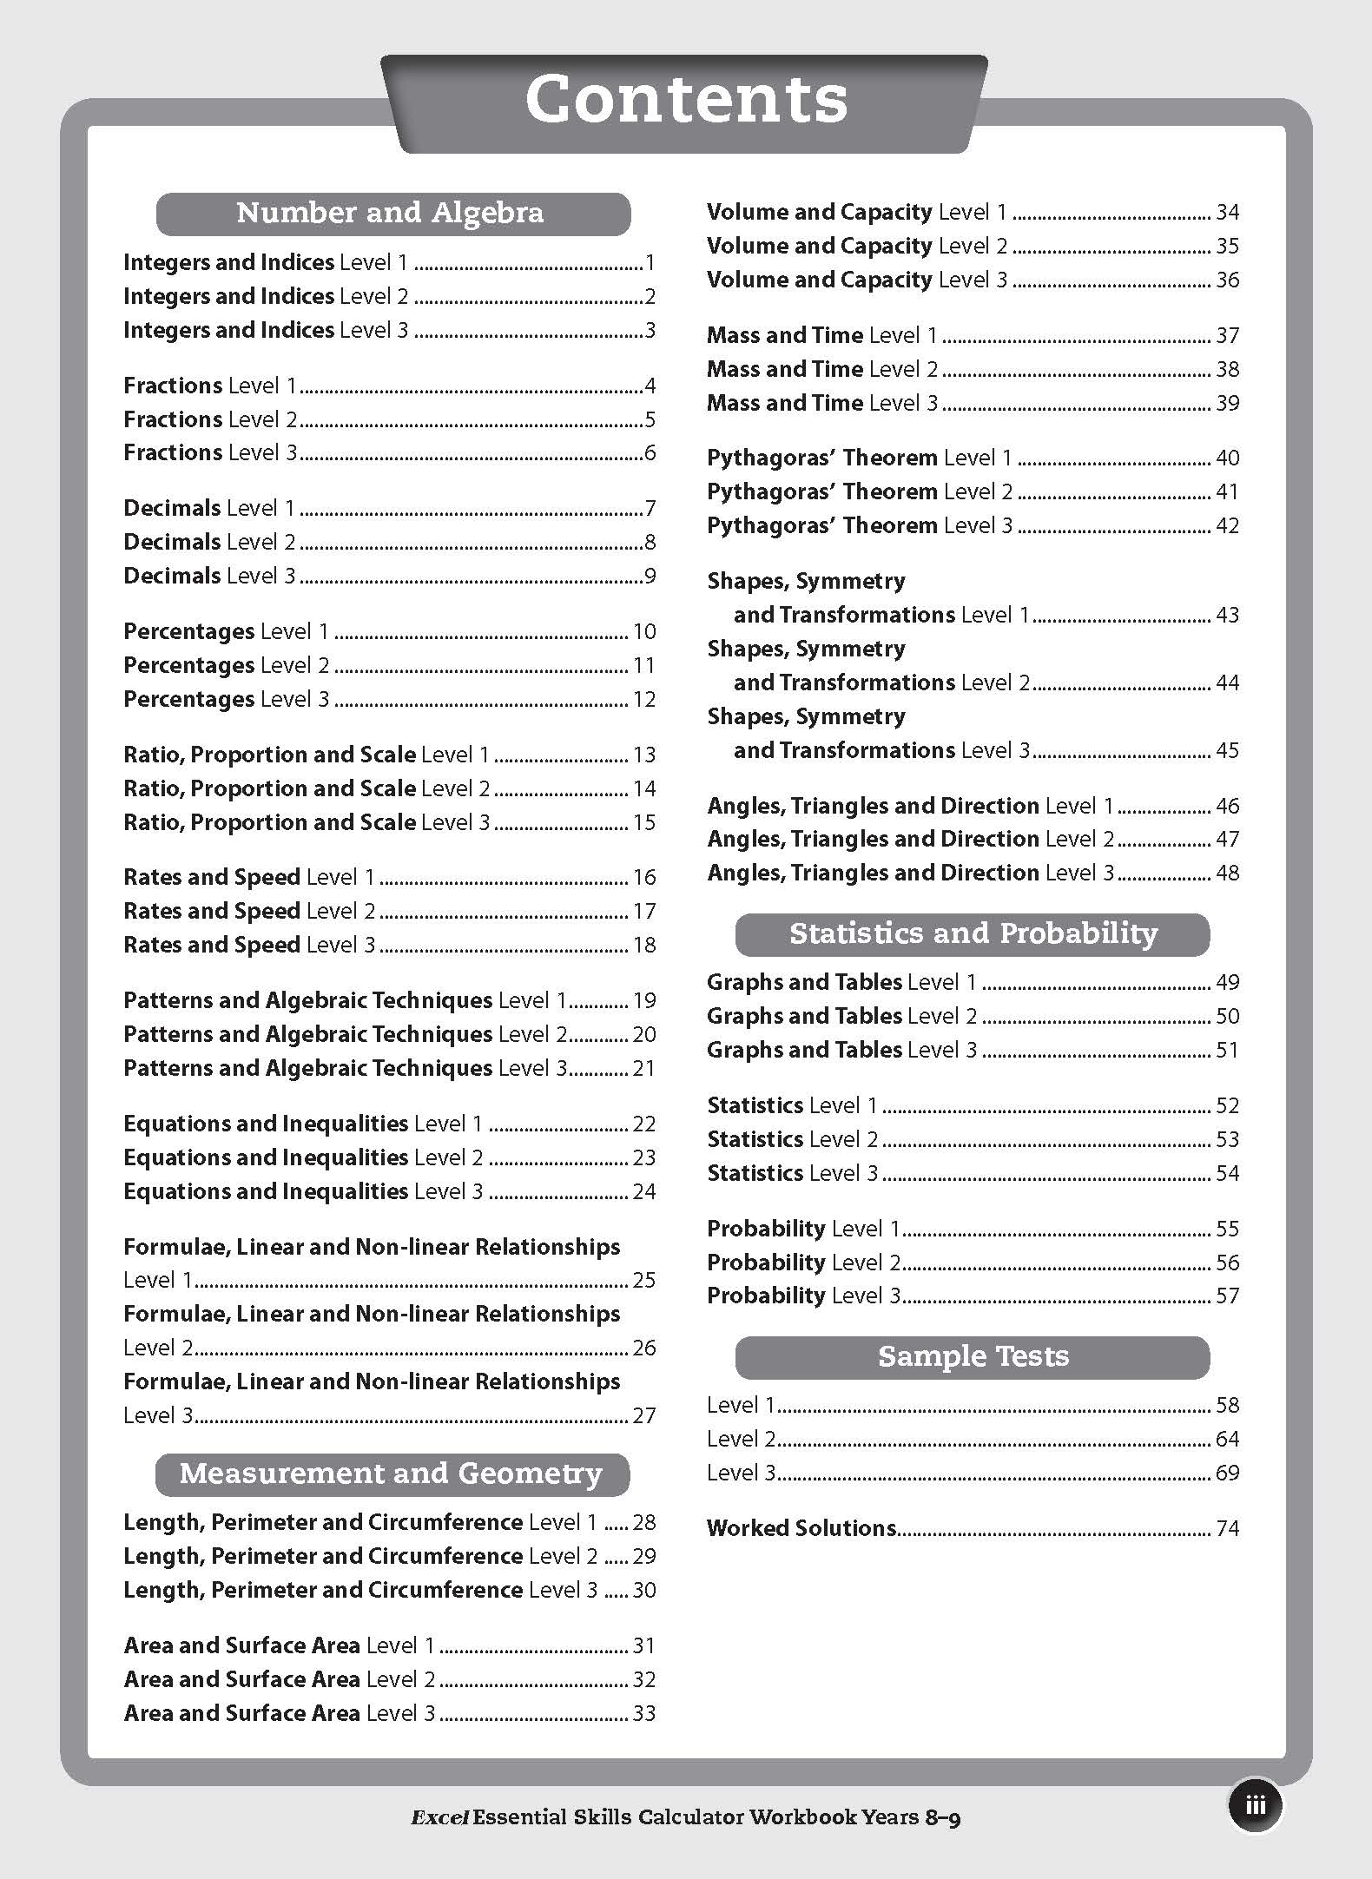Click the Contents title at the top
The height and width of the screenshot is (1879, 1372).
click(686, 99)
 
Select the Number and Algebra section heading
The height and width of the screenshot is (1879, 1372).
click(392, 214)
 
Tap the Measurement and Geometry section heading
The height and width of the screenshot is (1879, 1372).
click(392, 1474)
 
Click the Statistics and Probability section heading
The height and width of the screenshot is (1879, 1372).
click(973, 934)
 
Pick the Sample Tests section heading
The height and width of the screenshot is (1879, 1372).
click(973, 1357)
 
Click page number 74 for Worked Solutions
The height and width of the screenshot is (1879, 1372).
click(1227, 1528)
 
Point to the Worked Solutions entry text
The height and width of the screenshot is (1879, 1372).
click(801, 1528)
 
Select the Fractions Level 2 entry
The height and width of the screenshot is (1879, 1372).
click(210, 419)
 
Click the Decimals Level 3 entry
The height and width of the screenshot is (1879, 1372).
click(209, 576)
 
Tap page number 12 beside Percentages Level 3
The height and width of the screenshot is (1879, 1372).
click(643, 699)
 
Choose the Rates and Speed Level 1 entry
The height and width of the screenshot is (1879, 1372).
click(249, 877)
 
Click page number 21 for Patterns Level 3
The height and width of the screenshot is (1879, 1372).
click(643, 1068)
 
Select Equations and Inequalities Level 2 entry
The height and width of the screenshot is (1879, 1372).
click(303, 1157)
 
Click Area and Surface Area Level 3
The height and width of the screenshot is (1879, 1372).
click(280, 1713)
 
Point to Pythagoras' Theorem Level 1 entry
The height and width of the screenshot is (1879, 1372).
click(860, 458)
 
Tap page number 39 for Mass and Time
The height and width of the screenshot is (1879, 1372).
click(1227, 403)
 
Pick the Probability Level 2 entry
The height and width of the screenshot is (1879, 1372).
click(803, 1263)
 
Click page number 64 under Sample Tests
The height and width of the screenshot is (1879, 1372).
click(1227, 1439)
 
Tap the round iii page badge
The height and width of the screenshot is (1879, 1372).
click(1255, 1805)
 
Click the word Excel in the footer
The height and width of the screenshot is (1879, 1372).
click(440, 1816)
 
